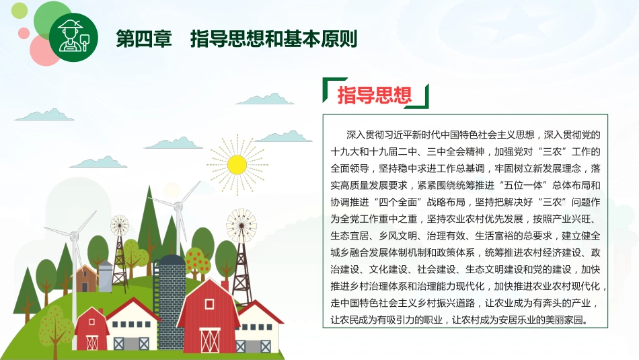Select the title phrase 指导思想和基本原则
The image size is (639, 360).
point(273,38)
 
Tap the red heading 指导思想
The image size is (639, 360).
point(374,94)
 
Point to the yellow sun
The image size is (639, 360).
point(237,164)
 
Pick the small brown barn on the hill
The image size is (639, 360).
point(85,277)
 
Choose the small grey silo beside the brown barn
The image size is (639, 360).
point(106,276)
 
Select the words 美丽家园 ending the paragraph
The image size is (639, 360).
point(568,320)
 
